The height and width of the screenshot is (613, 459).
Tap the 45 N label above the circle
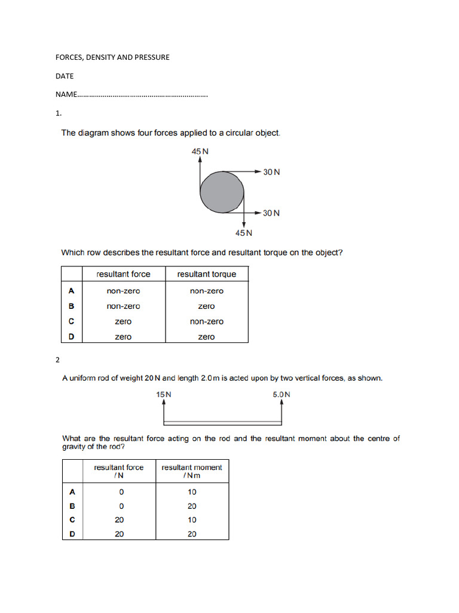[200, 151]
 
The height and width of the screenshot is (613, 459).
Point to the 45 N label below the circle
[243, 233]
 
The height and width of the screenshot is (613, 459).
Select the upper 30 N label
[271, 172]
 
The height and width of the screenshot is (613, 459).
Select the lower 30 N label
[271, 213]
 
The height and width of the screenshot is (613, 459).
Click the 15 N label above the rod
[164, 394]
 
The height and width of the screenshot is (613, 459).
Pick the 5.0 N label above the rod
[281, 394]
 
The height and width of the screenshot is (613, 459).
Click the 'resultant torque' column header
[207, 274]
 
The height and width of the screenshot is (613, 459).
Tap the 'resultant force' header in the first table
[124, 274]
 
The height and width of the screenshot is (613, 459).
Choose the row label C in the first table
[72, 321]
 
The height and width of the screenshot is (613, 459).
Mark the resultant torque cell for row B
[206, 306]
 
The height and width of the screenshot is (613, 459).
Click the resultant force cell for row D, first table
[123, 337]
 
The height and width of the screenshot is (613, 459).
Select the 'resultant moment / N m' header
[192, 471]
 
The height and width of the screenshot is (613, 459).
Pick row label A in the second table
[72, 492]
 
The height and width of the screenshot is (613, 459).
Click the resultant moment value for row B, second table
[192, 506]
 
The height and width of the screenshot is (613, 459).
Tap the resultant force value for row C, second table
[120, 520]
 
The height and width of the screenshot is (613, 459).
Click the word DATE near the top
[65, 76]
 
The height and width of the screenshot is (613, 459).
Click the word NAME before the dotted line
[66, 95]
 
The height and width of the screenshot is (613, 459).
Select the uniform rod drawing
[222, 423]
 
